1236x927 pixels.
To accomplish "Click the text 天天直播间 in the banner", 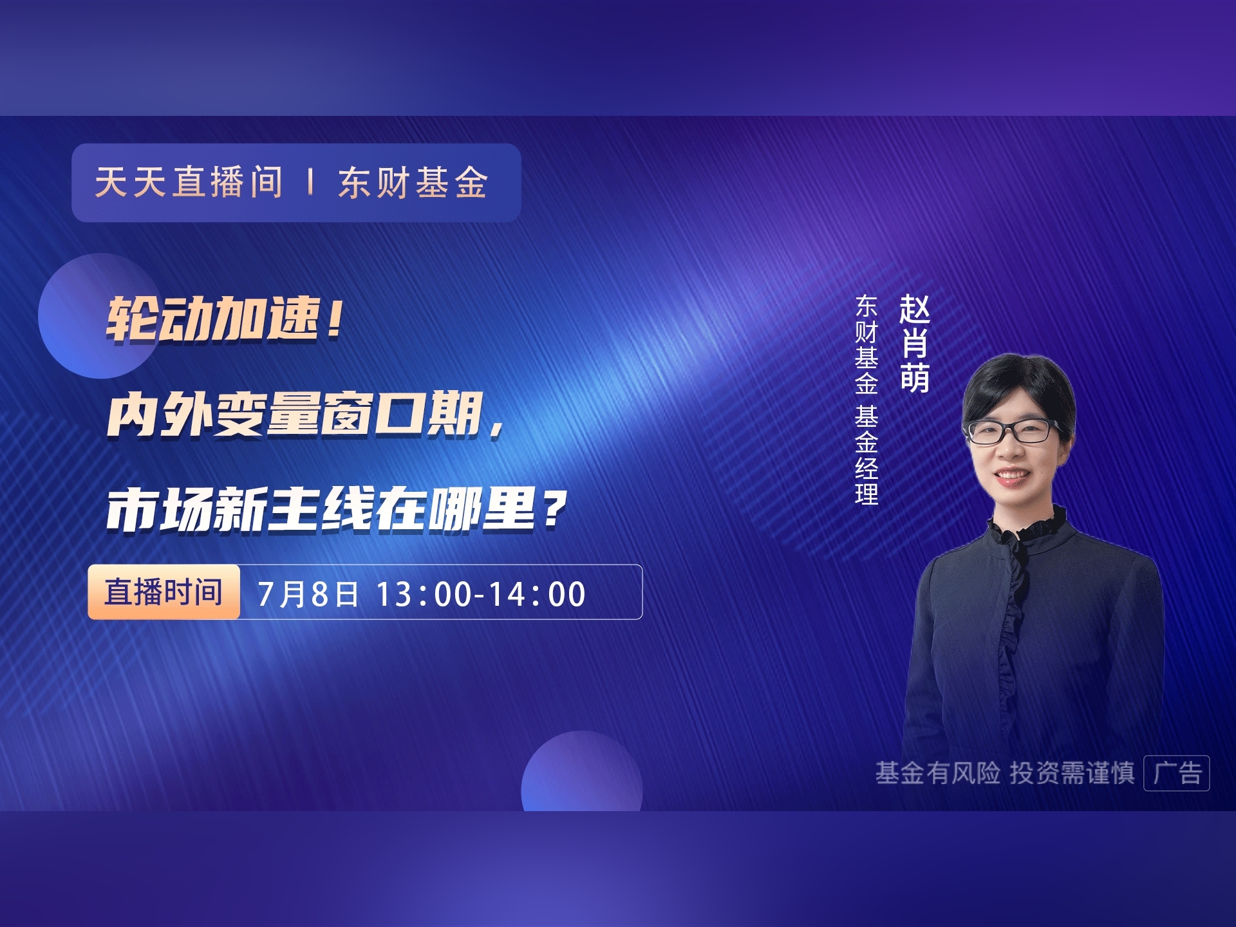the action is click(x=189, y=182).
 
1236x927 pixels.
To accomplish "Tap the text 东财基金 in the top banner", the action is click(x=413, y=182).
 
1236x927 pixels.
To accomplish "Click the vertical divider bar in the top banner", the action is click(x=311, y=182).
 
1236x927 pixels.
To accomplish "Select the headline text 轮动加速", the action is click(x=213, y=319).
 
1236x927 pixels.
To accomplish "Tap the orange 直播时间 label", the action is click(x=164, y=592).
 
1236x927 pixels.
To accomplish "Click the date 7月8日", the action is click(x=308, y=594).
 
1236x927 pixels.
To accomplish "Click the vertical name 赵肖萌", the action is click(x=914, y=344).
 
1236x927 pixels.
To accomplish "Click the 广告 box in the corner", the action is click(x=1177, y=772).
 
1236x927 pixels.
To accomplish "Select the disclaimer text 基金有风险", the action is click(x=937, y=773).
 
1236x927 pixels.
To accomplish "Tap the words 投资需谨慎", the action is click(x=1072, y=773).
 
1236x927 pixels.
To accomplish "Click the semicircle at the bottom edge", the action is click(x=582, y=772).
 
